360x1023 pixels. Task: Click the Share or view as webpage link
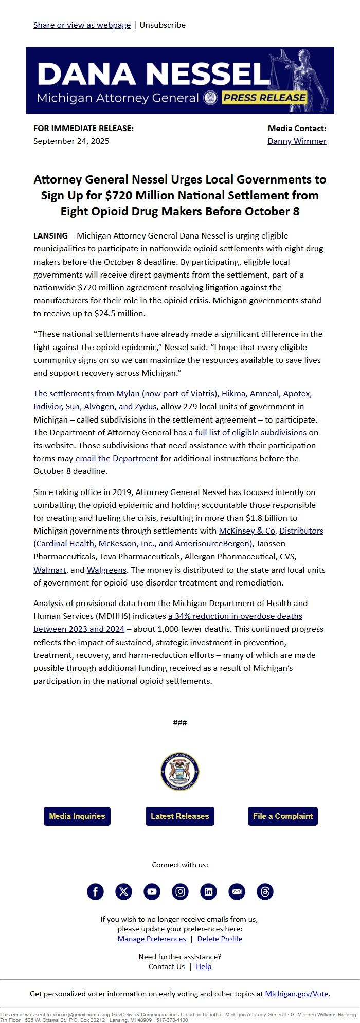82,25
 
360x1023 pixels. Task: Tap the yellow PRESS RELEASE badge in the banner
264,98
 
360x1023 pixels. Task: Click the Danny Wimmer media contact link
297,141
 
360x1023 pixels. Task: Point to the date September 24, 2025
71,141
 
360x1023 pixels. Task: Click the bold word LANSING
50,235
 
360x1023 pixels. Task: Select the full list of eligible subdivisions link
250,432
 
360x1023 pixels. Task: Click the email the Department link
117,458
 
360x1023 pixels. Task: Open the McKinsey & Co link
247,531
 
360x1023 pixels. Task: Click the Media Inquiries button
77,816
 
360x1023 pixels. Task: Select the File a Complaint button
283,816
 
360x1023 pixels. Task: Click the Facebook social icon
95,891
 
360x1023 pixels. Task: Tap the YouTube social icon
152,891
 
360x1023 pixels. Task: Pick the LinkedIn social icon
208,891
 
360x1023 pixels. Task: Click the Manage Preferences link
152,939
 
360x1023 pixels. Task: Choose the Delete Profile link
220,939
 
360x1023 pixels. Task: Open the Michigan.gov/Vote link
296,994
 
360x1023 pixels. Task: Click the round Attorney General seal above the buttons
180,772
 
